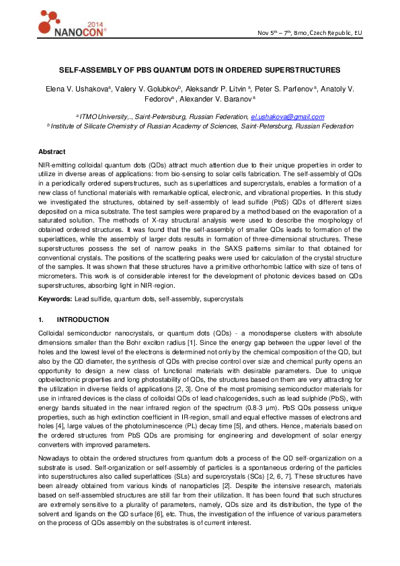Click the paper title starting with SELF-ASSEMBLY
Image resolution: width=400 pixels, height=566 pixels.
tap(200, 70)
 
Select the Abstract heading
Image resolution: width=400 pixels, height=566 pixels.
tap(52, 152)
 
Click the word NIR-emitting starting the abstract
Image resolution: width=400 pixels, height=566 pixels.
tap(57, 164)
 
